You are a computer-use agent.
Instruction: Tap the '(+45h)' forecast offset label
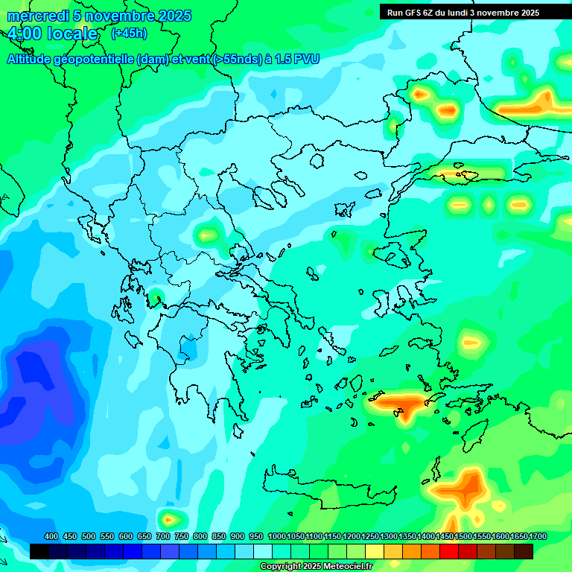tap(129, 34)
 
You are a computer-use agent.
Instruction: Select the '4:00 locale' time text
tap(52, 34)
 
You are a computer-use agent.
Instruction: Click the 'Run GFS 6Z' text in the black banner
tap(410, 13)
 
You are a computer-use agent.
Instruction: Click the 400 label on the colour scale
tap(51, 536)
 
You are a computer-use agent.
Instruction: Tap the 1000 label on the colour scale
tap(277, 536)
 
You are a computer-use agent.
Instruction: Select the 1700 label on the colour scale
tap(538, 536)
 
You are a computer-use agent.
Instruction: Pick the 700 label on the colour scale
tap(163, 536)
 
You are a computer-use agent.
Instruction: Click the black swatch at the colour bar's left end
tap(39, 551)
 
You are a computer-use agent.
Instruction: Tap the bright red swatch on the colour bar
tap(449, 551)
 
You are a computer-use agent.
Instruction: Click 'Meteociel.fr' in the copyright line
tap(343, 567)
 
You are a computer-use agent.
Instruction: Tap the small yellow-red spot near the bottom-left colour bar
tap(169, 518)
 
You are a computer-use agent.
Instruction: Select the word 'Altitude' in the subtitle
tap(30, 59)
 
